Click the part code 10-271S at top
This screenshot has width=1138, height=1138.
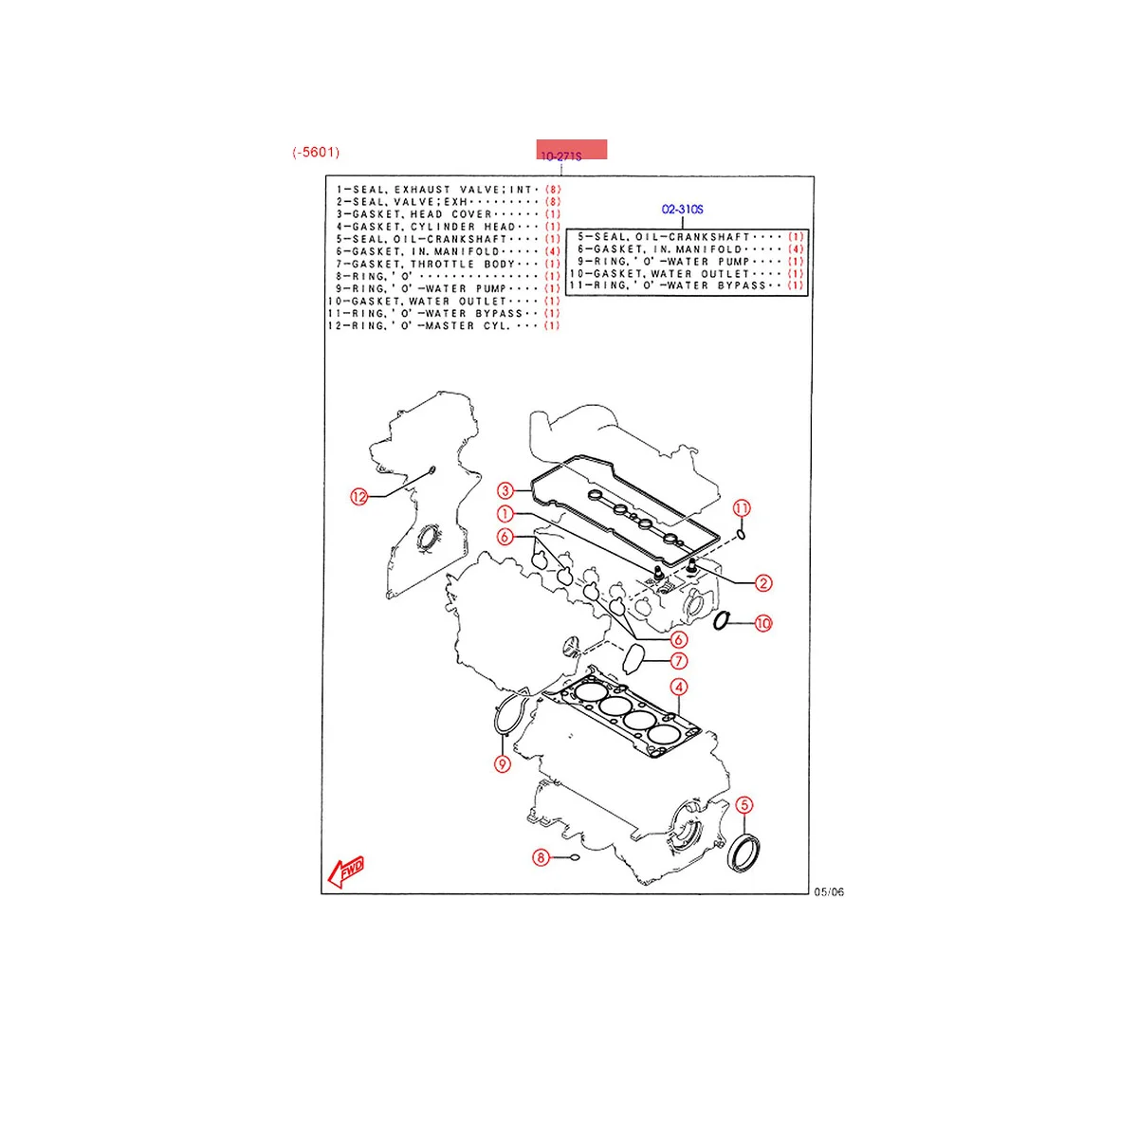tap(560, 156)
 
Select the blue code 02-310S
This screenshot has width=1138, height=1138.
tap(683, 210)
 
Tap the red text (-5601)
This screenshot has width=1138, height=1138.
tap(316, 152)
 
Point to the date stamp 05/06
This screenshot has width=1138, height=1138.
tap(829, 891)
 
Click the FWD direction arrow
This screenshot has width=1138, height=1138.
tap(344, 870)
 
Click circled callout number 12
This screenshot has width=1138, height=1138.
tap(358, 496)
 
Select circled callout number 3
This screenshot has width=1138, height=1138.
tap(505, 490)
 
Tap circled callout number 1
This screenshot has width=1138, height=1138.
tap(505, 514)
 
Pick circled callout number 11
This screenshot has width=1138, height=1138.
tap(742, 508)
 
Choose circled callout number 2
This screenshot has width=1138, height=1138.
tap(762, 584)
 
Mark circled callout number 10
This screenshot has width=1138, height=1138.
tap(762, 623)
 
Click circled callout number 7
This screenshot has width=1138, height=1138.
tap(678, 661)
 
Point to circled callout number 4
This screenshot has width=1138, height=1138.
tap(678, 688)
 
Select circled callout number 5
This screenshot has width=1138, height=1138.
tap(744, 805)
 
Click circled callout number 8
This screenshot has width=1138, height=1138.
tap(541, 858)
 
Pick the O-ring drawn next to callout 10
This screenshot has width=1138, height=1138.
tap(722, 621)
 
